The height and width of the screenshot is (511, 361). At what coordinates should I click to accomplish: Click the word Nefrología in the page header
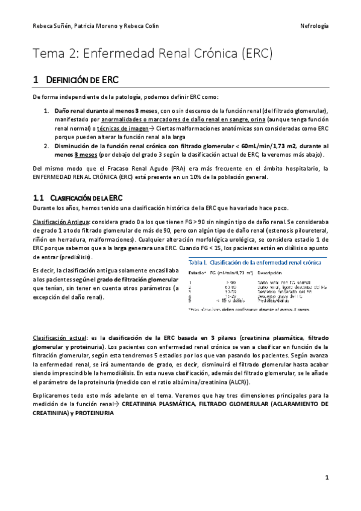pyautogui.click(x=313, y=27)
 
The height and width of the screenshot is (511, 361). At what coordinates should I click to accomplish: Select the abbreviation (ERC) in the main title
pyautogui.click(x=257, y=54)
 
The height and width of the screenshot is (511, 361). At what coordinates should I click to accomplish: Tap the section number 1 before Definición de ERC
pyautogui.click(x=36, y=80)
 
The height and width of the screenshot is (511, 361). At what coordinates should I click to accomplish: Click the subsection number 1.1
pyautogui.click(x=39, y=198)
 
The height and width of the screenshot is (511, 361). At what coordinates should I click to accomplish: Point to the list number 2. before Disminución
pyautogui.click(x=46, y=146)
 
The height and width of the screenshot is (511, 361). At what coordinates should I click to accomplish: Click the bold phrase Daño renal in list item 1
pyautogui.click(x=69, y=112)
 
